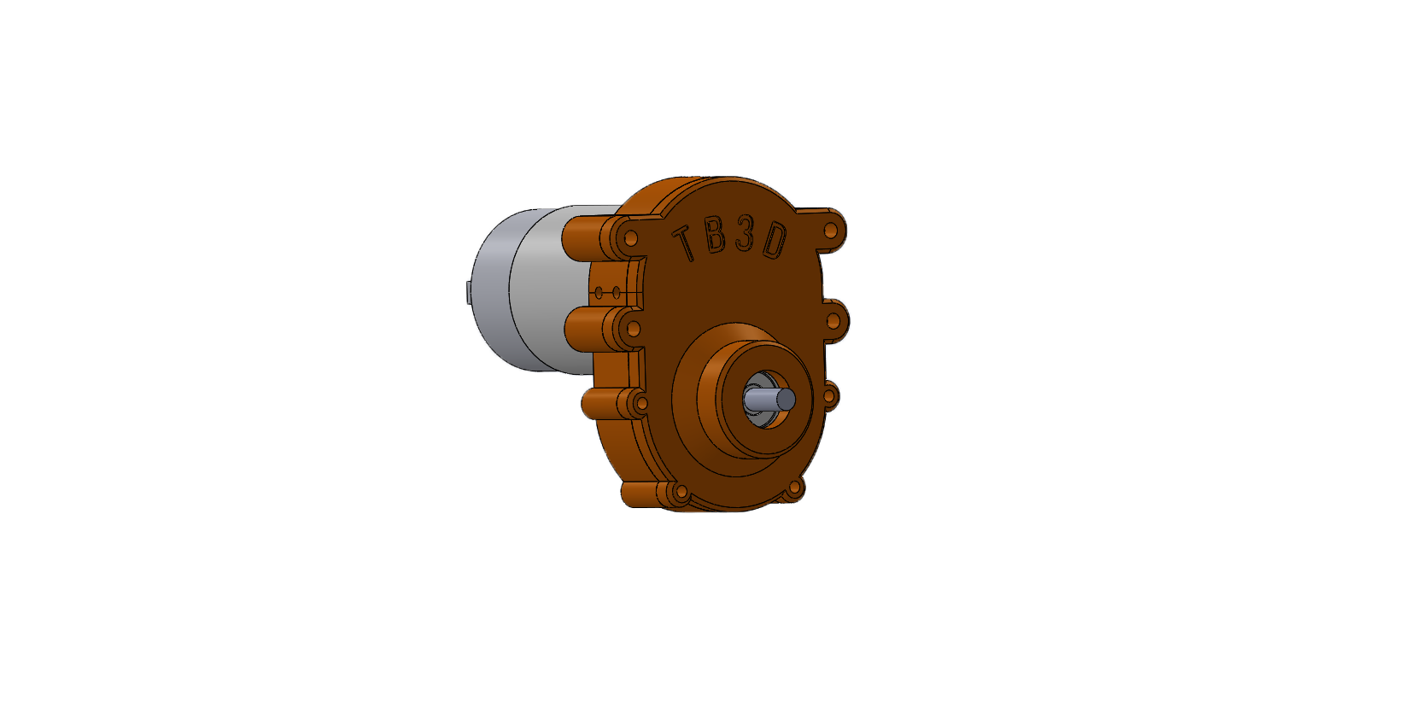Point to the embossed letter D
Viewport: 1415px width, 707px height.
775,242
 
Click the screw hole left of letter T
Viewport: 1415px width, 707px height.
630,238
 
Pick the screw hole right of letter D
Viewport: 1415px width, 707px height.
831,231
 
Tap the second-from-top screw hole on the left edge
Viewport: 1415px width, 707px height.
634,329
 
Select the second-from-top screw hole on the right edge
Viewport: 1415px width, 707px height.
833,322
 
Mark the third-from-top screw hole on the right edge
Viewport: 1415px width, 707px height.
829,396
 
